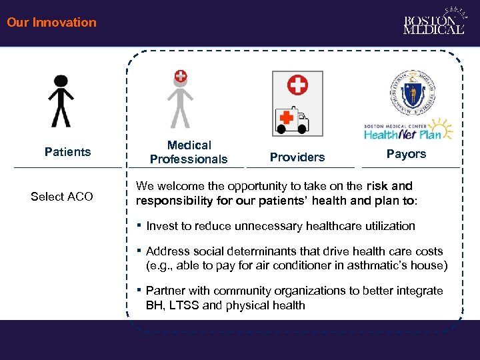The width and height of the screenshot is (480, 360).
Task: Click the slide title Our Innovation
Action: click(51, 22)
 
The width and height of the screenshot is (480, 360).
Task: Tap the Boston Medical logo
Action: click(434, 22)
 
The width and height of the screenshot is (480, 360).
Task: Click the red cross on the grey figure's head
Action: click(181, 76)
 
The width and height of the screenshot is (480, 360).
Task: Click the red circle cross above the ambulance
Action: click(297, 85)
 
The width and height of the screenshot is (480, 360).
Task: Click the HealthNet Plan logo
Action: click(408, 130)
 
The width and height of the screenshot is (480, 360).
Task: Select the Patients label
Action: click(67, 152)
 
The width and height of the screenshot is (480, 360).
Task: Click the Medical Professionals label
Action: click(189, 152)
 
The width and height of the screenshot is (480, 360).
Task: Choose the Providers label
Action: click(297, 157)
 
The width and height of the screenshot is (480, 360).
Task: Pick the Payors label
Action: click(406, 154)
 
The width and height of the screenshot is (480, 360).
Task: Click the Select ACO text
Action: click(62, 197)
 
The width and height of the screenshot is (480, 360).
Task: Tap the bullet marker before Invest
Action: click(139, 225)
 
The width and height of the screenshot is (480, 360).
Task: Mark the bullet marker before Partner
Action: click(139, 290)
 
